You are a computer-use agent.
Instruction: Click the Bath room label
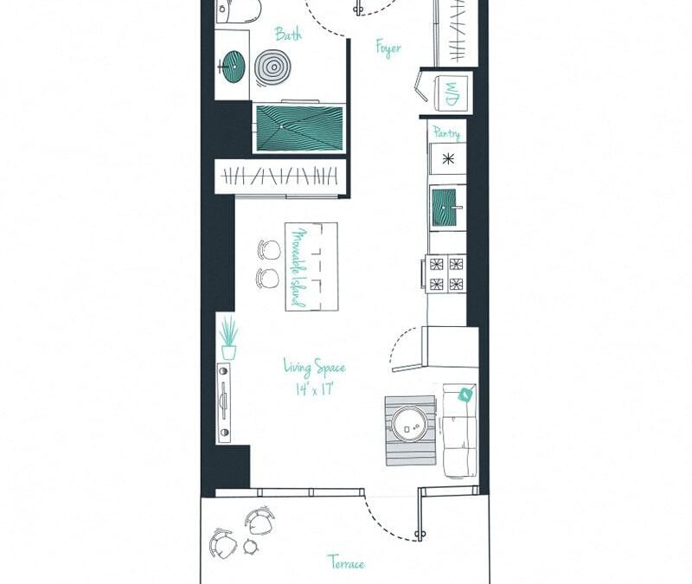pyautogui.click(x=289, y=34)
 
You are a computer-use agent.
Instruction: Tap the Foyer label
pyautogui.click(x=388, y=48)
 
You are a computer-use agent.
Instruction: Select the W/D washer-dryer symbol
pyautogui.click(x=452, y=93)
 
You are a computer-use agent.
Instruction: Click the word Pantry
pyautogui.click(x=446, y=133)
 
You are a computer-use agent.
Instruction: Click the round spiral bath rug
pyautogui.click(x=273, y=68)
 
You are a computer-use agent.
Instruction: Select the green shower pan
pyautogui.click(x=299, y=126)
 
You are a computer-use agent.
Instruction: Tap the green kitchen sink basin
pyautogui.click(x=445, y=207)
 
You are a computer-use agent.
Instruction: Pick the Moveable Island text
pyautogui.click(x=299, y=267)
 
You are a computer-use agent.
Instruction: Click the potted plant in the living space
pyautogui.click(x=228, y=337)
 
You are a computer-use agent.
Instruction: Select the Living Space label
pyautogui.click(x=314, y=367)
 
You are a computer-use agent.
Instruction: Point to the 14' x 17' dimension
pyautogui.click(x=314, y=389)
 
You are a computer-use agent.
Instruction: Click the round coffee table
pyautogui.click(x=409, y=424)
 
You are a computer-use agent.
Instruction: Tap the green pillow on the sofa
pyautogui.click(x=466, y=395)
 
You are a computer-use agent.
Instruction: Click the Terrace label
pyautogui.click(x=347, y=563)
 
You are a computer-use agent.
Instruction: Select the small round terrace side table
pyautogui.click(x=251, y=547)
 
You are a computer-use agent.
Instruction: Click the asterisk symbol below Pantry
pyautogui.click(x=447, y=159)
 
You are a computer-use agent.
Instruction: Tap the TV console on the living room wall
pyautogui.click(x=224, y=402)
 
